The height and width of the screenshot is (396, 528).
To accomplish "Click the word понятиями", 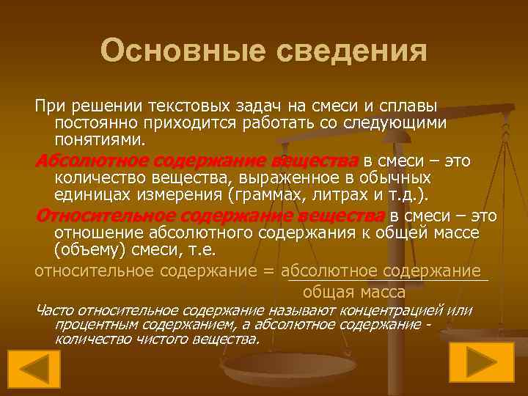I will pos(100,139).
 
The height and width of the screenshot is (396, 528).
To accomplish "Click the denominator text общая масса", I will pos(386,291).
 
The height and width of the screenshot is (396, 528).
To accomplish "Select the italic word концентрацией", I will pos(395,311).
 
